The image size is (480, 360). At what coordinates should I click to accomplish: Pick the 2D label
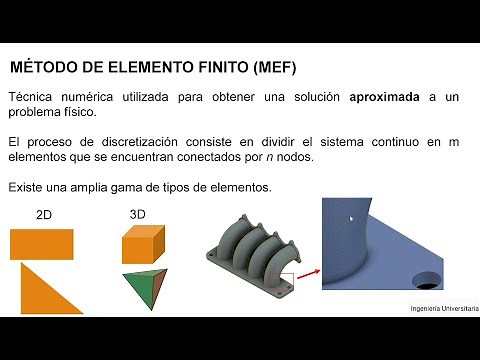click(45, 215)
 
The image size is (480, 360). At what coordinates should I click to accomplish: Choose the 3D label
click(138, 214)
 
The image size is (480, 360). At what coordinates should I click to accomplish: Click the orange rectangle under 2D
click(42, 244)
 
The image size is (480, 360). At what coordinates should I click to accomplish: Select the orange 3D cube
click(142, 243)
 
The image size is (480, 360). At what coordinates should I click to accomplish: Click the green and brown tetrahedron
click(142, 288)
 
